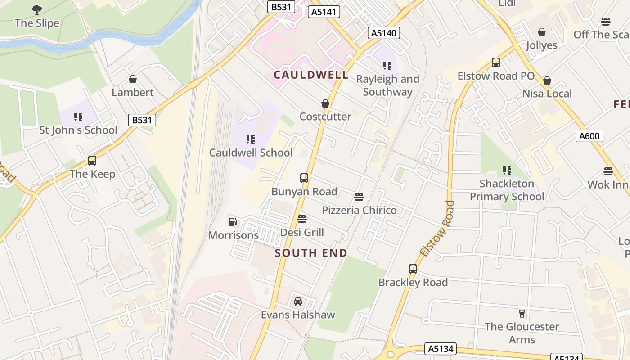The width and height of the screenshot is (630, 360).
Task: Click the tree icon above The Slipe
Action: (x=37, y=9)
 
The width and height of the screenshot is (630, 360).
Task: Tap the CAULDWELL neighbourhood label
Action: (x=311, y=75)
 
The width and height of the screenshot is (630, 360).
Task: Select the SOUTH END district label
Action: (x=311, y=253)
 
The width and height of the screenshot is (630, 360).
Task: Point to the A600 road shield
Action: (x=589, y=135)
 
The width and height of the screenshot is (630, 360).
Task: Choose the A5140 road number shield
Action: (x=383, y=32)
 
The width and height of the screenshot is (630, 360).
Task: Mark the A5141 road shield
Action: (x=324, y=12)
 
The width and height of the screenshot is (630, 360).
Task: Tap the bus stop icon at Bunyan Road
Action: (x=304, y=178)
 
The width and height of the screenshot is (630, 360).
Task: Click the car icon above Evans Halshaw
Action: (x=298, y=301)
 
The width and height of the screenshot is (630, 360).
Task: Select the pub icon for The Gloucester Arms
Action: (x=522, y=313)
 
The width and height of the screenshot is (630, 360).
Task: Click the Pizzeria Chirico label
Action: (x=359, y=210)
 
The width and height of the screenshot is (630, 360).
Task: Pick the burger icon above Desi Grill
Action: (x=302, y=219)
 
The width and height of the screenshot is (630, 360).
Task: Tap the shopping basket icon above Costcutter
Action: (x=325, y=103)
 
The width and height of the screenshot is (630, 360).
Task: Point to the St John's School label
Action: (x=78, y=130)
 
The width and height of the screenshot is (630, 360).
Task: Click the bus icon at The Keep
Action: (x=92, y=161)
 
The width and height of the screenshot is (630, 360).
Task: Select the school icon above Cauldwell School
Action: (x=251, y=139)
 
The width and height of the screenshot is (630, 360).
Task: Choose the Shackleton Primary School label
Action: (x=507, y=190)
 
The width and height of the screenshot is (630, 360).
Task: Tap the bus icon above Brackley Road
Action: (x=413, y=269)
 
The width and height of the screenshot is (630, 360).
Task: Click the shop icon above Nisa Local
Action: (x=547, y=81)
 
